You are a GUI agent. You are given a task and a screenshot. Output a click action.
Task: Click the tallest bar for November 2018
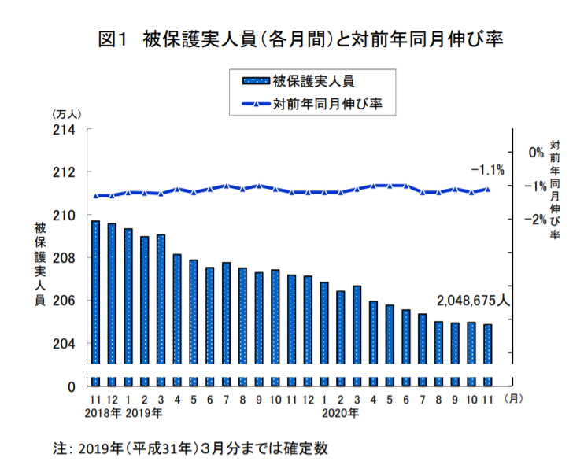tap(95, 292)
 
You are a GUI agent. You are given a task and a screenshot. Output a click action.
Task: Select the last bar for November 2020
tap(488, 344)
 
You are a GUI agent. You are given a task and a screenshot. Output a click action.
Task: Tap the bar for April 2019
tap(177, 308)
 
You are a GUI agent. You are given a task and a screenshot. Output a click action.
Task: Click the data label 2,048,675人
tap(474, 300)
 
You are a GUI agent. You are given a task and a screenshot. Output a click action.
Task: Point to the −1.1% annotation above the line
tap(486, 170)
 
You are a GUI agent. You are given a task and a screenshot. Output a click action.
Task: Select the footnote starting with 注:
tap(190, 448)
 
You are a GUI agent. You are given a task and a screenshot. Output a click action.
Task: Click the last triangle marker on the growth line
tap(488, 189)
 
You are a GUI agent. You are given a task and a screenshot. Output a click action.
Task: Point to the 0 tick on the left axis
tap(69, 386)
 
